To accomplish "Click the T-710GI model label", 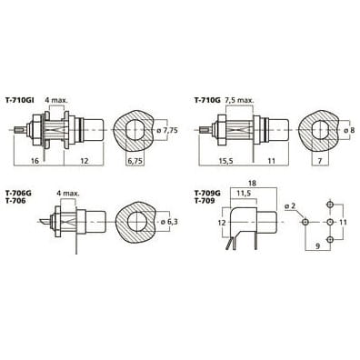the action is point(20,100).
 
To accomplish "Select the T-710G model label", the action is point(207,100).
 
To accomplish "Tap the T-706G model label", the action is point(18,193).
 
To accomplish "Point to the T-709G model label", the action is point(207,193).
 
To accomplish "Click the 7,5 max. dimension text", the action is point(239,100).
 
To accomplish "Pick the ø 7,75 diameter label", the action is point(166,131).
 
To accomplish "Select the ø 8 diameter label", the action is point(349,130).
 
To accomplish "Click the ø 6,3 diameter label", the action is point(169,222).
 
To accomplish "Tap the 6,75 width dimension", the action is point(135,161).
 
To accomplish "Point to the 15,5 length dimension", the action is point(225,161).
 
